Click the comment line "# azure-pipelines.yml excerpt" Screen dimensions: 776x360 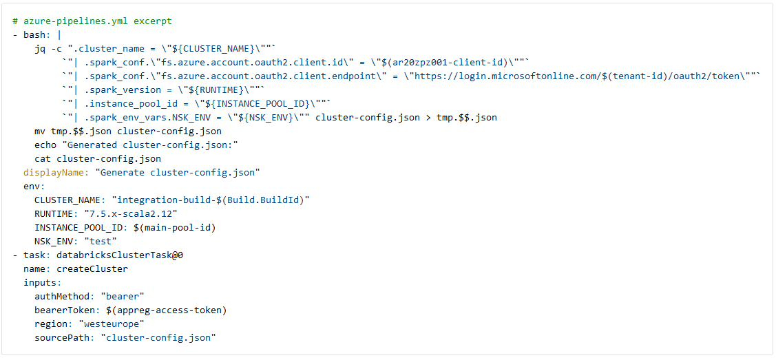coord(92,22)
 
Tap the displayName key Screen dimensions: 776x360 coord(56,173)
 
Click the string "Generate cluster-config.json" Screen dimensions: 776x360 coord(178,173)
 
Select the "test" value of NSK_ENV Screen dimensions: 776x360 coord(101,242)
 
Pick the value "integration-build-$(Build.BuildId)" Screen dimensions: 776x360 coord(210,200)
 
